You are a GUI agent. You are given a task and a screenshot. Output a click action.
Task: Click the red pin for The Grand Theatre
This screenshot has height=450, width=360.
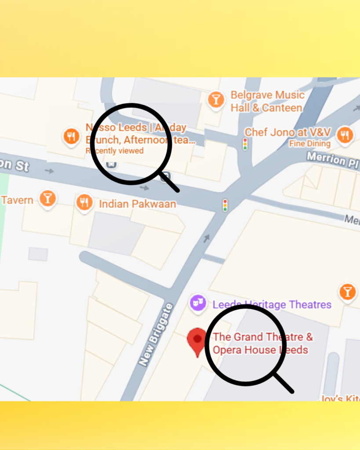(x=197, y=341)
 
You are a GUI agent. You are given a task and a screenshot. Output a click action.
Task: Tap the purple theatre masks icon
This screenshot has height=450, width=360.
(x=198, y=303)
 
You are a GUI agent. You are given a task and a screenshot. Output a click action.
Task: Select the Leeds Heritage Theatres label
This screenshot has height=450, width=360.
(x=272, y=305)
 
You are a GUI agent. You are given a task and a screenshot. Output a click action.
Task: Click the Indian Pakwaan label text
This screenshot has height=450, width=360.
(x=137, y=204)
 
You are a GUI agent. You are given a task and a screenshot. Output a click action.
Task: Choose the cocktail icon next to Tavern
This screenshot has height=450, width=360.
(x=47, y=198)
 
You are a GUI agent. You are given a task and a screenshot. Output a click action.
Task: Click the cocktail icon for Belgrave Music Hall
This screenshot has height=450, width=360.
(x=216, y=99)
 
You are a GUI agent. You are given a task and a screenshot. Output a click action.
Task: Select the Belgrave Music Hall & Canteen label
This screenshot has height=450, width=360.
(x=267, y=102)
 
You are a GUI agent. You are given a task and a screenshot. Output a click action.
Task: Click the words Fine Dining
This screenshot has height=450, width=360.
(x=309, y=144)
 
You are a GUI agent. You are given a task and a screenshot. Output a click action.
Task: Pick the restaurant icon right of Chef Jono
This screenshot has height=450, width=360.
(x=345, y=135)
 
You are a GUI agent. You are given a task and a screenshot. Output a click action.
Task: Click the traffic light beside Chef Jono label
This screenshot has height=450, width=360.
(x=245, y=144)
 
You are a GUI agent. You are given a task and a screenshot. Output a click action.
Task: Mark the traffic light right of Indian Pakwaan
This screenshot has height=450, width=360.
(x=225, y=205)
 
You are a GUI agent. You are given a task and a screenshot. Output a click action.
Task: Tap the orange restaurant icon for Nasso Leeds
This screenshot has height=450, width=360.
(x=71, y=136)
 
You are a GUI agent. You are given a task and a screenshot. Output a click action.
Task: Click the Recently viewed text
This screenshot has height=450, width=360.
(x=115, y=151)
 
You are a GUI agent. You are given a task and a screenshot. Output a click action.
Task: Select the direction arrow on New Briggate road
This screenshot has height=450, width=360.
(x=206, y=238)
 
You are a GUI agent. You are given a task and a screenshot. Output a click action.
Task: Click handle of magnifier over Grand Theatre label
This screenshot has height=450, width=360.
(x=284, y=384)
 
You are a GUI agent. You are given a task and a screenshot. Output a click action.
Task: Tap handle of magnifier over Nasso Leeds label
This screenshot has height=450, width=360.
(x=170, y=182)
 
